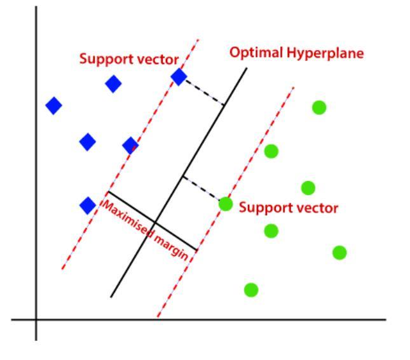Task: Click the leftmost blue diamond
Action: coord(54,105)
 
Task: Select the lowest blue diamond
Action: coord(88,205)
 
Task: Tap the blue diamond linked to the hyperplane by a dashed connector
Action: coord(179,77)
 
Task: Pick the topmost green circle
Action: coord(319,107)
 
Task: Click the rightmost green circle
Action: coord(339,252)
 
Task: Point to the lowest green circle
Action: coord(251,290)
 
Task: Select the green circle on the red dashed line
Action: coord(225,204)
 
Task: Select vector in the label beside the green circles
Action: coord(315,208)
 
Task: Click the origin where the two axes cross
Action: coord(36,319)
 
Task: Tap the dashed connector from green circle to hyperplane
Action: coord(203,190)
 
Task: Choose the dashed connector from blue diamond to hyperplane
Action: coord(202,90)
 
